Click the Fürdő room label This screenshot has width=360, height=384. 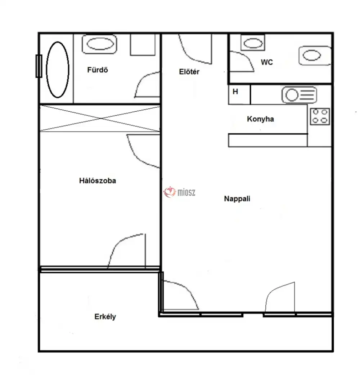click(x=98, y=70)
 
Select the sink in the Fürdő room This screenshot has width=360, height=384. click(x=99, y=44)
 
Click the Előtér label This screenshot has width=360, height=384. click(x=189, y=72)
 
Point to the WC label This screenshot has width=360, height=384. click(x=267, y=62)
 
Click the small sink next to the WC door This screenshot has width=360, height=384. click(x=253, y=43)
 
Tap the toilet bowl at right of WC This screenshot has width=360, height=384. click(x=315, y=55)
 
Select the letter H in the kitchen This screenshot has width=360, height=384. click(x=235, y=91)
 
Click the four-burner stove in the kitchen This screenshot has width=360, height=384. click(x=320, y=117)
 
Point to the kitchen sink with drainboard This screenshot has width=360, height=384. click(x=299, y=95)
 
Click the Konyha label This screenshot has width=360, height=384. click(x=260, y=119)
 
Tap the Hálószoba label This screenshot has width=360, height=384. click(x=98, y=181)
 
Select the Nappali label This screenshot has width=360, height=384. click(x=237, y=198)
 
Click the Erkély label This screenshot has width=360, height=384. click(x=105, y=317)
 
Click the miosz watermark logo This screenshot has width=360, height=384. click(x=179, y=192)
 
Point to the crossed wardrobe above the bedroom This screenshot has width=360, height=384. click(x=100, y=118)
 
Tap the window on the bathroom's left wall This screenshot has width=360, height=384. click(x=39, y=66)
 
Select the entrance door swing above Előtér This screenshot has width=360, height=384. click(x=195, y=49)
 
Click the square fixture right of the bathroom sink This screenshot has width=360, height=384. click(x=143, y=45)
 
